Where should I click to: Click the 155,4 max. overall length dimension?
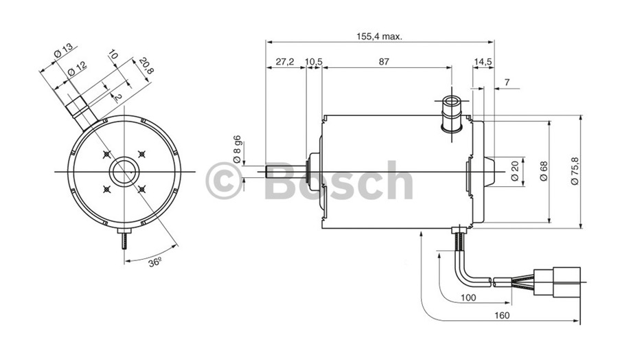click(x=379, y=36)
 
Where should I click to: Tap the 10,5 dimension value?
click(x=313, y=62)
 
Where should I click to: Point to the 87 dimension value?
click(x=384, y=62)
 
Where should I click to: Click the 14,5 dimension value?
click(x=482, y=62)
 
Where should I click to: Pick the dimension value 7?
click(x=507, y=82)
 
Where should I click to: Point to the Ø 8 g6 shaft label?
click(x=237, y=149)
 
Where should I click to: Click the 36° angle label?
click(x=156, y=262)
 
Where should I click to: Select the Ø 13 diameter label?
click(x=62, y=52)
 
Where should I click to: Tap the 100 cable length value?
click(x=468, y=297)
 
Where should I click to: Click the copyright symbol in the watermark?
click(x=224, y=181)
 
